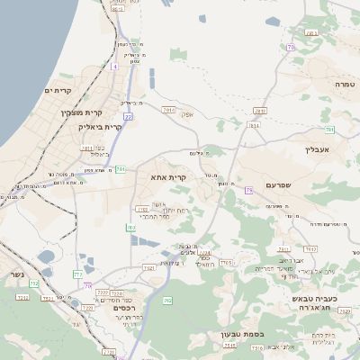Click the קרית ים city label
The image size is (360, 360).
(x=56, y=91)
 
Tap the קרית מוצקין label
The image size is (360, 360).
(x=82, y=112)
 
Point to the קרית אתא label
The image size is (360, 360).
(x=168, y=177)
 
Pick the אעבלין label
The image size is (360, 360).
(x=319, y=148)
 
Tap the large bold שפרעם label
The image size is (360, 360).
(x=282, y=185)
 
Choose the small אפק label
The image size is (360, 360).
(x=187, y=114)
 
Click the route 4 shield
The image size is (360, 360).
(x=114, y=67)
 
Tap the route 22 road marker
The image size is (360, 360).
(x=129, y=116)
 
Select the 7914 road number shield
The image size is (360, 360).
(x=168, y=108)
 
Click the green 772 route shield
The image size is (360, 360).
(x=78, y=274)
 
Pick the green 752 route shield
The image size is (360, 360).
(x=34, y=284)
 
